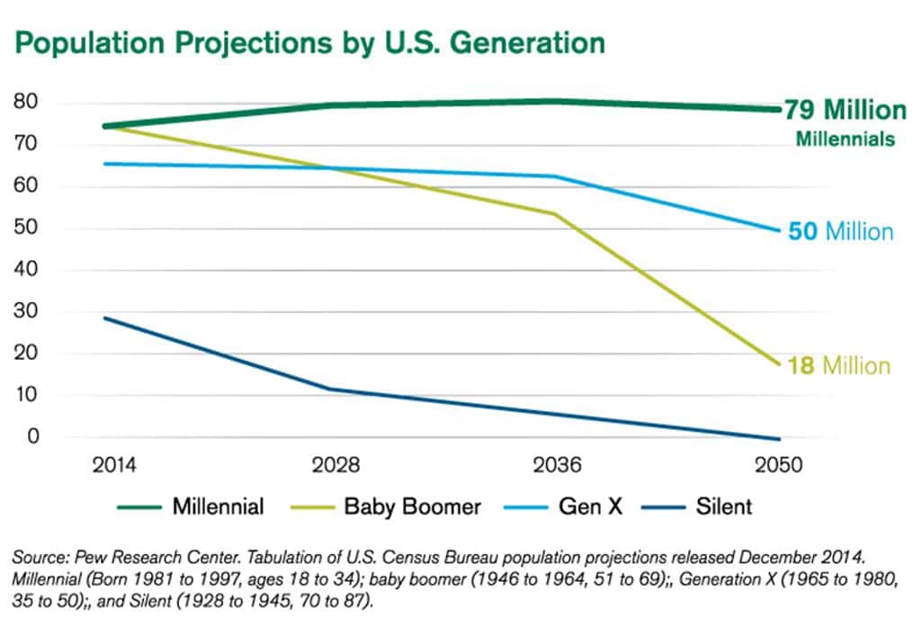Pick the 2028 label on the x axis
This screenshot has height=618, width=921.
click(336, 466)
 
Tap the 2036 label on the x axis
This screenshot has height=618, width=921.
click(557, 466)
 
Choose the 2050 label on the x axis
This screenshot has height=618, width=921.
click(778, 466)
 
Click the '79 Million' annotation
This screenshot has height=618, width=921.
click(844, 111)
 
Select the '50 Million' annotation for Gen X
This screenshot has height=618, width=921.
click(840, 231)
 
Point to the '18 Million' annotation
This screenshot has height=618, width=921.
click(838, 366)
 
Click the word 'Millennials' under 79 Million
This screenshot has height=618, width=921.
click(844, 139)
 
